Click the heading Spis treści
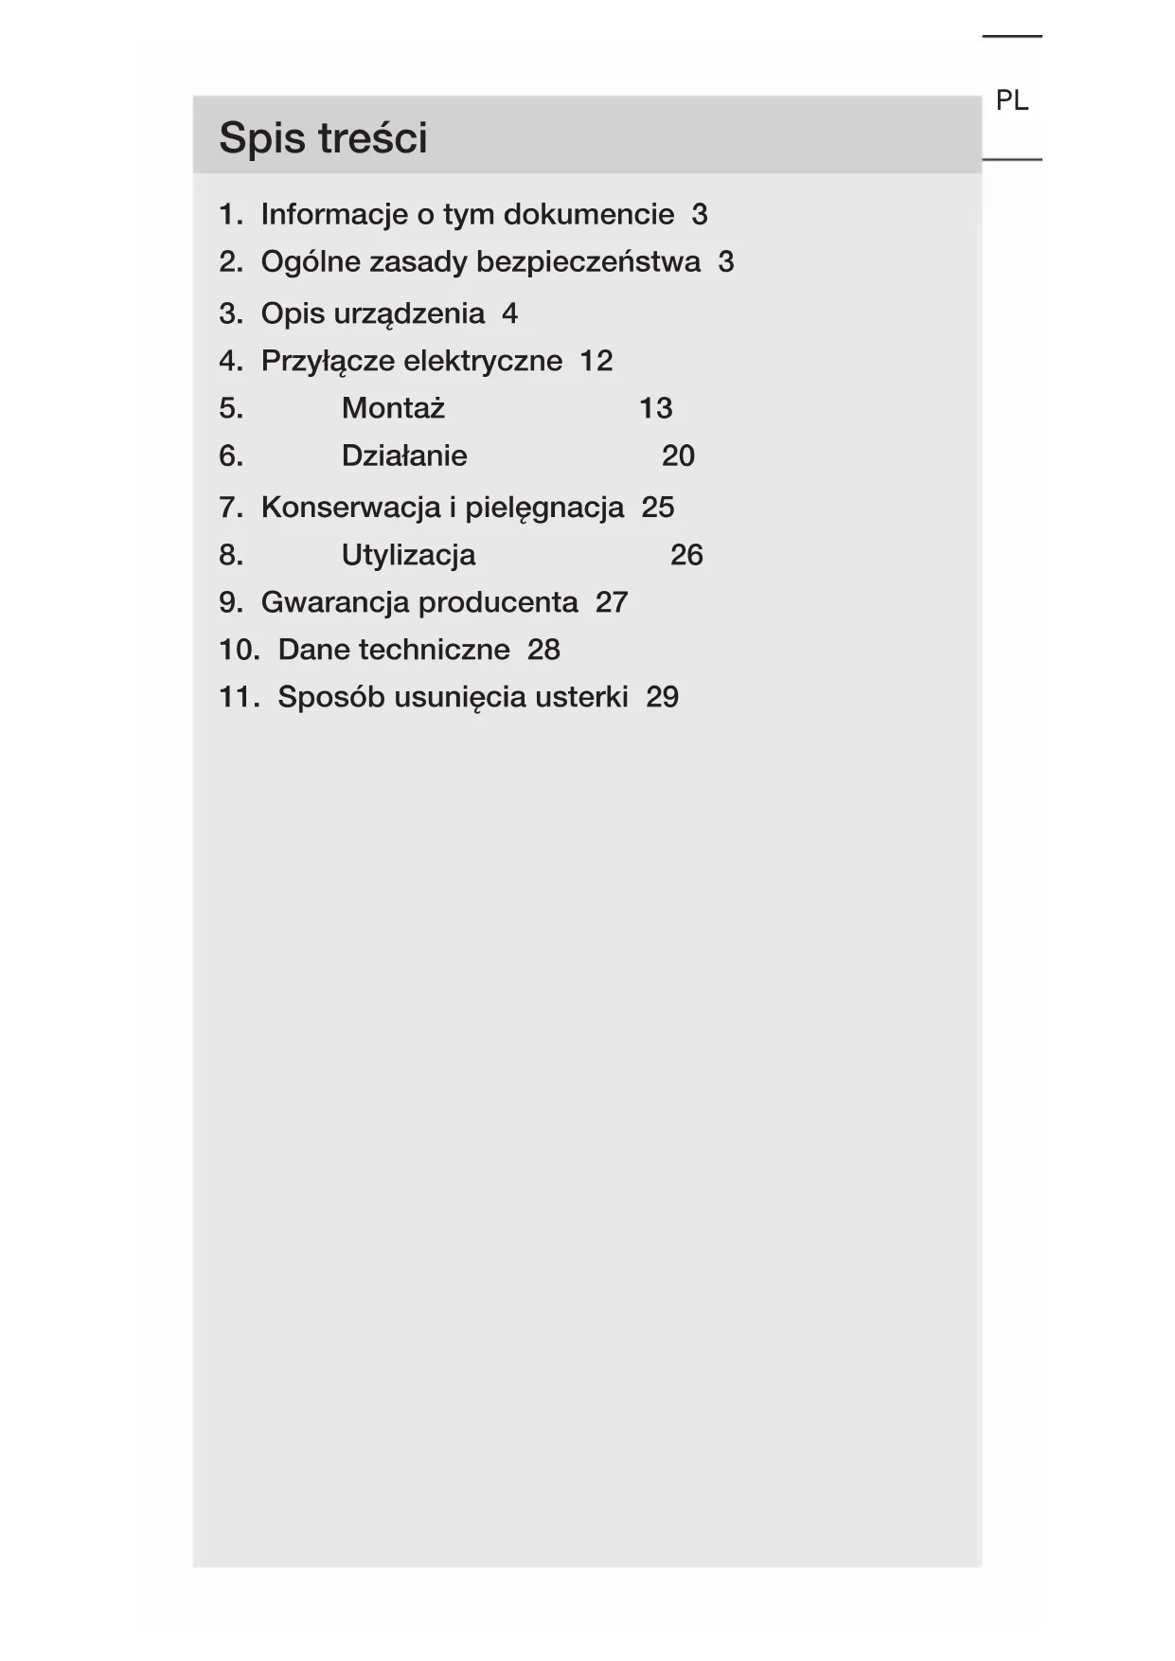323,138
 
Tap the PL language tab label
1011,100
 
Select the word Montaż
393,408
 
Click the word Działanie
404,455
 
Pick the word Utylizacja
408,555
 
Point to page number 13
655,408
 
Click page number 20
678,455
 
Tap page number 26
686,555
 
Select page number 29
662,697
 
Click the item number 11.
238,697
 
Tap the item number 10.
238,650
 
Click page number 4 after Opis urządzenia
509,313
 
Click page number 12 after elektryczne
596,361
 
